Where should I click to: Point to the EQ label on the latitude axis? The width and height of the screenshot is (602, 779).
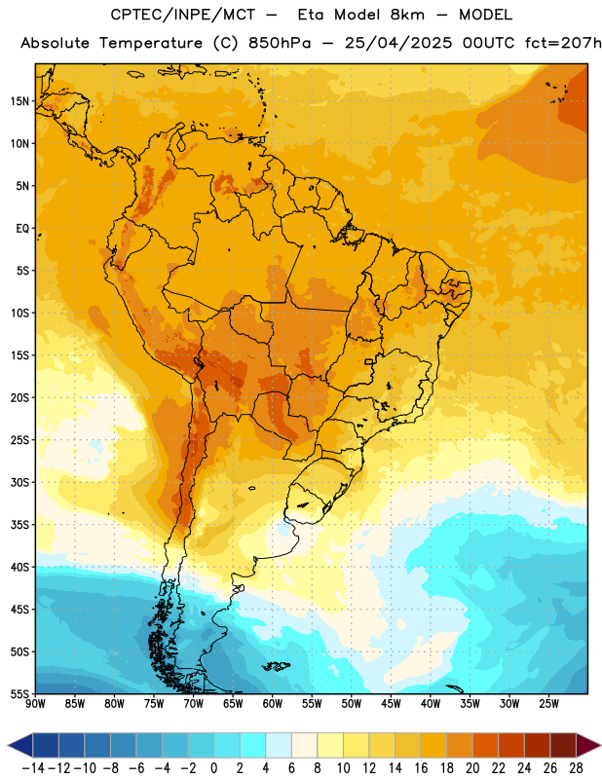click(22, 229)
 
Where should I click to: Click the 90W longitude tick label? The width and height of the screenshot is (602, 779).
click(36, 704)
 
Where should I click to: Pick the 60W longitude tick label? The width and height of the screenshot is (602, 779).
click(273, 704)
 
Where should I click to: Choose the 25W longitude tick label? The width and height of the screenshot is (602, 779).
click(548, 704)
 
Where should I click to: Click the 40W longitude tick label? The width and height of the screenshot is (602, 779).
click(431, 704)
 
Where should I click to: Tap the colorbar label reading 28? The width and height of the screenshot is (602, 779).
click(576, 768)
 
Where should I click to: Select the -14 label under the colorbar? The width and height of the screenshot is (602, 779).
click(33, 768)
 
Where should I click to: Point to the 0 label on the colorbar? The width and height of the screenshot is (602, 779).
click(213, 768)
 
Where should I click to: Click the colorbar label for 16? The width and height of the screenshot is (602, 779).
click(421, 768)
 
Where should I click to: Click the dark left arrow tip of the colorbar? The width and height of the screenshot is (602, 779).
click(9, 745)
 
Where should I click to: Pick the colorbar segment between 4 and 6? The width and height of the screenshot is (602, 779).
click(279, 745)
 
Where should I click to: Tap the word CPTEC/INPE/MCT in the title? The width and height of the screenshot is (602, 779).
click(183, 15)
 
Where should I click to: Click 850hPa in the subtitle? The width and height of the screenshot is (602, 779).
click(280, 43)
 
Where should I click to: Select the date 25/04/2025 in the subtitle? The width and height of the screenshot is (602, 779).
click(398, 43)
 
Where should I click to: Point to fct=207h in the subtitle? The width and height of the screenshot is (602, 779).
click(563, 43)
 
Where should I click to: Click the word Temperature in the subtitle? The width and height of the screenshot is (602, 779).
click(151, 43)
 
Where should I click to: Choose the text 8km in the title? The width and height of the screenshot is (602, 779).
click(407, 15)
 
